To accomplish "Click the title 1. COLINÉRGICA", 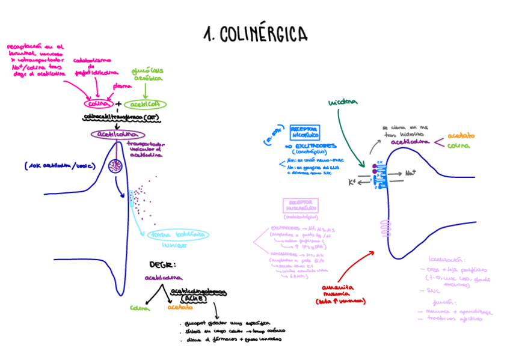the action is (255, 34).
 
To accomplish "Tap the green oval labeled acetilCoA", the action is (145, 103).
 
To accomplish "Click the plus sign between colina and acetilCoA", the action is (118, 103).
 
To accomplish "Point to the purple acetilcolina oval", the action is (117, 135).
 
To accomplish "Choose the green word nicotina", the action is (343, 102).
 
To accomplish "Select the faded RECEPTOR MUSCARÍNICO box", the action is (300, 207).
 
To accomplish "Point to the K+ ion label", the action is (352, 182).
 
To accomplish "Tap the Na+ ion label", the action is (411, 173).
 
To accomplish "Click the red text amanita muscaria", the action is (340, 291).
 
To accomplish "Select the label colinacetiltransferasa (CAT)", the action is (122, 117).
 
